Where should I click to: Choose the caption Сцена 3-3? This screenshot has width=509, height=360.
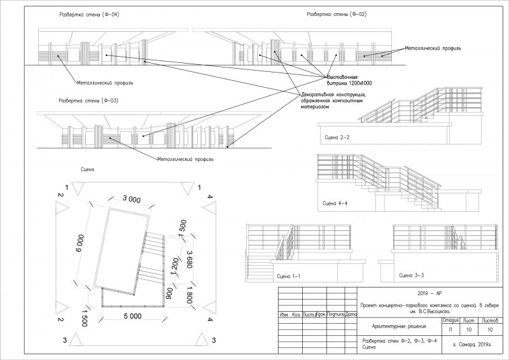tap(403, 277)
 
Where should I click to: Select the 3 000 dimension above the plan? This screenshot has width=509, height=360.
tap(132, 199)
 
